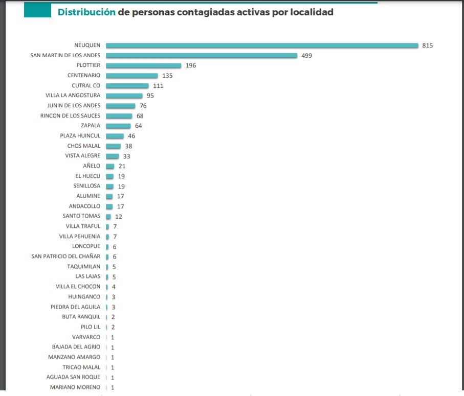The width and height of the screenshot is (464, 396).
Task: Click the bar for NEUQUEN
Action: pos(262,45)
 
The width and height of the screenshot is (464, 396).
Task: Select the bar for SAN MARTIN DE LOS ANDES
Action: pos(202,56)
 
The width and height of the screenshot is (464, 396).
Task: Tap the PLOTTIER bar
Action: pos(144,65)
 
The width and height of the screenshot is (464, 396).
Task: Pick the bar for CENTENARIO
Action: pos(132,76)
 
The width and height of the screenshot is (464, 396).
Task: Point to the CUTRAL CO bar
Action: pos(127,86)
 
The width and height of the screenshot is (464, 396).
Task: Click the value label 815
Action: pos(428,45)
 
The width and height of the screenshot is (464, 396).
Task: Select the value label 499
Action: pos(306,56)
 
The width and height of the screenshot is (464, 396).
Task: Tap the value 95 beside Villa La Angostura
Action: pos(150,96)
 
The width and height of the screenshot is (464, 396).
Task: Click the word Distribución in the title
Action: pos(86,12)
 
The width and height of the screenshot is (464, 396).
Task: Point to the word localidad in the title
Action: pos(312,12)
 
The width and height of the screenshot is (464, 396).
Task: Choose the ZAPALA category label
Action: pos(90,126)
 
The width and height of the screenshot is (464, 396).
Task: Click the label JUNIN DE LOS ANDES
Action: pos(74,106)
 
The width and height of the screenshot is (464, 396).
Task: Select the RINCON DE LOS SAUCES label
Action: pos(71,115)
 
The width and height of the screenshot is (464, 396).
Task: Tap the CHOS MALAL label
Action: pos(84,146)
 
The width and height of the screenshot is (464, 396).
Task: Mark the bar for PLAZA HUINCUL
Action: pos(115,136)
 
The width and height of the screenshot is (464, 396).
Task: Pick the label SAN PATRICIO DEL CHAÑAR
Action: pos(66,256)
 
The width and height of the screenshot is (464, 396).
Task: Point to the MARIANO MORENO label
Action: pos(75,387)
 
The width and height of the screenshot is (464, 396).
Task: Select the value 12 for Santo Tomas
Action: pos(119,216)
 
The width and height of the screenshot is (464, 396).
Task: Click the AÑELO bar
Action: pos(110,166)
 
